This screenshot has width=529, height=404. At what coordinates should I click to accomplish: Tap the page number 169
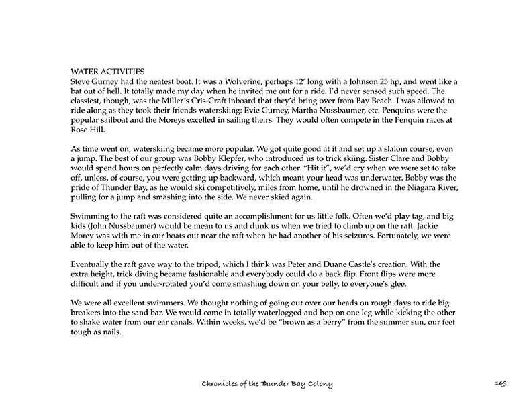[x=501, y=383]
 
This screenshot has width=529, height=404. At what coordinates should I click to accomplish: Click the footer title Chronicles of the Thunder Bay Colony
[x=267, y=383]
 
